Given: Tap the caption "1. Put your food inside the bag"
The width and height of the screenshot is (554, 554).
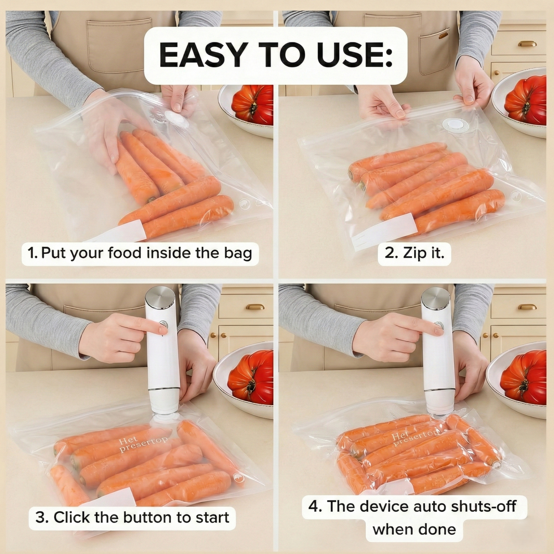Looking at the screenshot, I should pos(140,253).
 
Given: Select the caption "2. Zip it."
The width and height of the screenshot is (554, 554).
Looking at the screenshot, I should pos(414,253).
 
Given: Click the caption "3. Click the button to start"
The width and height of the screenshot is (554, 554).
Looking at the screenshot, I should pos(132,517).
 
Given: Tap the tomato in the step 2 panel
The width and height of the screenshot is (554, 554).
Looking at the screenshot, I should pos(526,100).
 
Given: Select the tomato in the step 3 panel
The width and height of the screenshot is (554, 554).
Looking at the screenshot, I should pos(251,377).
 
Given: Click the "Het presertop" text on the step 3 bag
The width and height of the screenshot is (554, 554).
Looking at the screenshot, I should pos(142,444).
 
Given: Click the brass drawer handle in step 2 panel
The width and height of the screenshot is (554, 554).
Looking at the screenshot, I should pos(527,44).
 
